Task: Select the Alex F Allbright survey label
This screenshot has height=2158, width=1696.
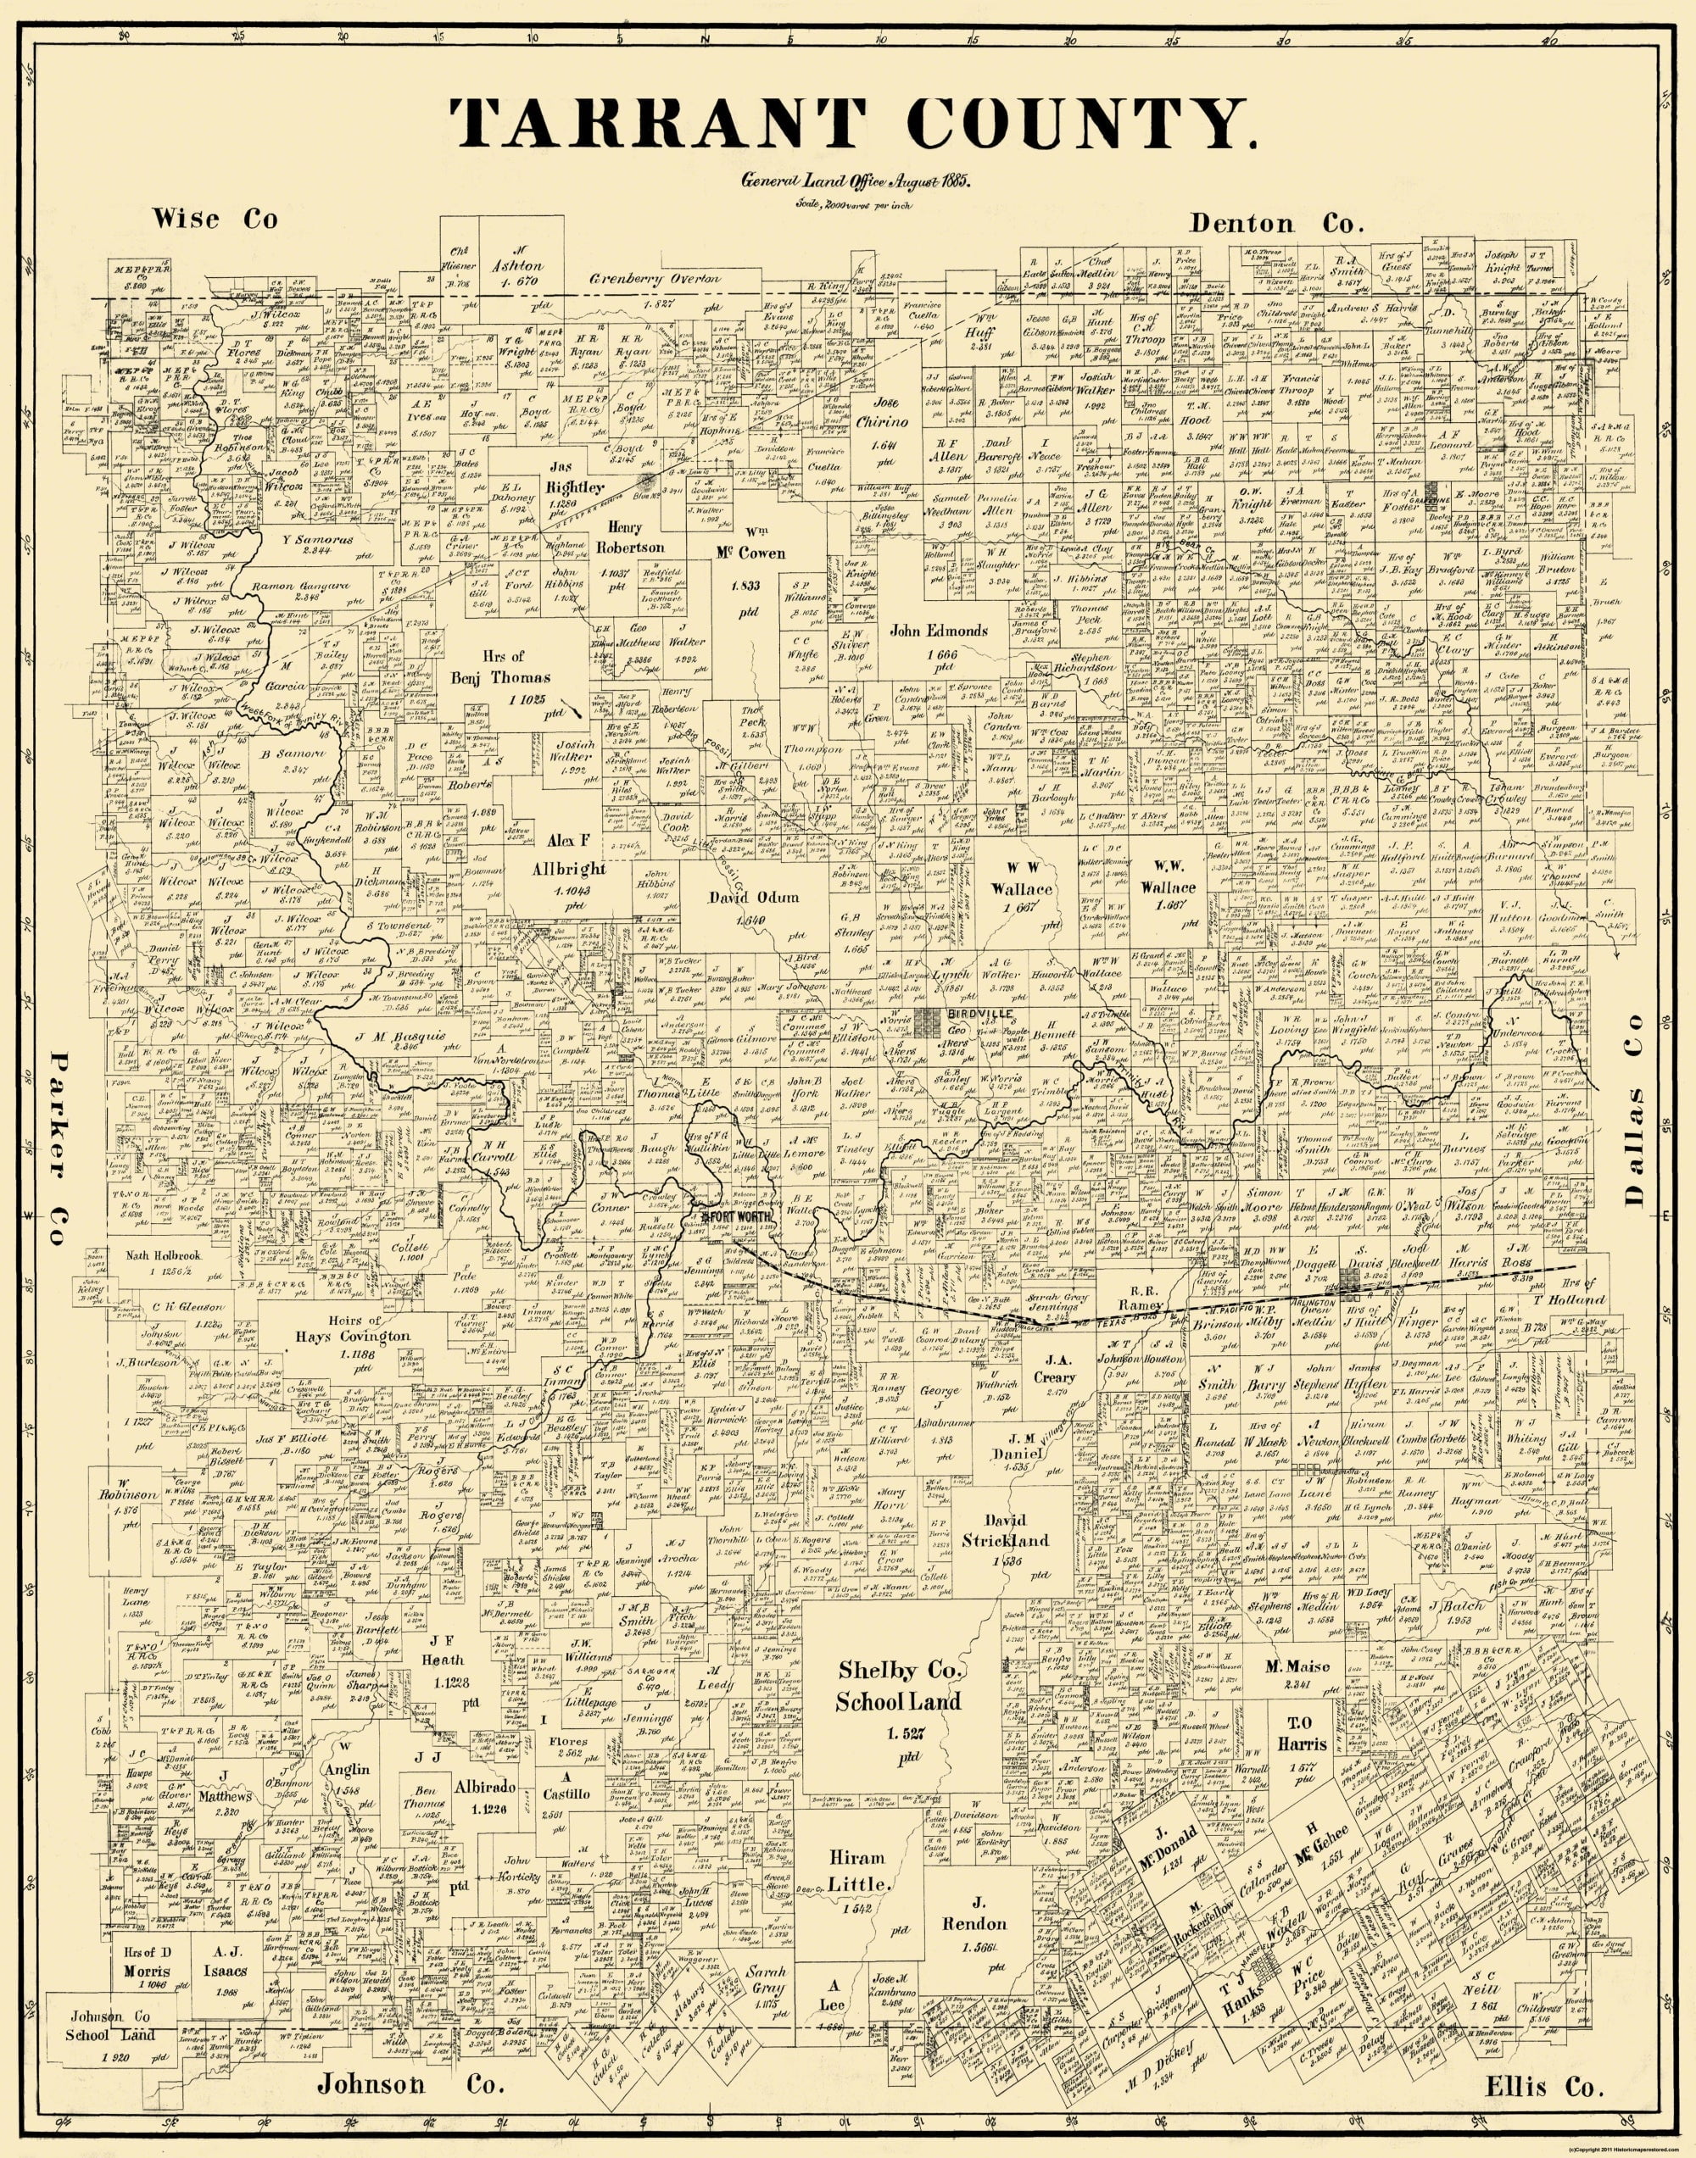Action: (567, 854)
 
